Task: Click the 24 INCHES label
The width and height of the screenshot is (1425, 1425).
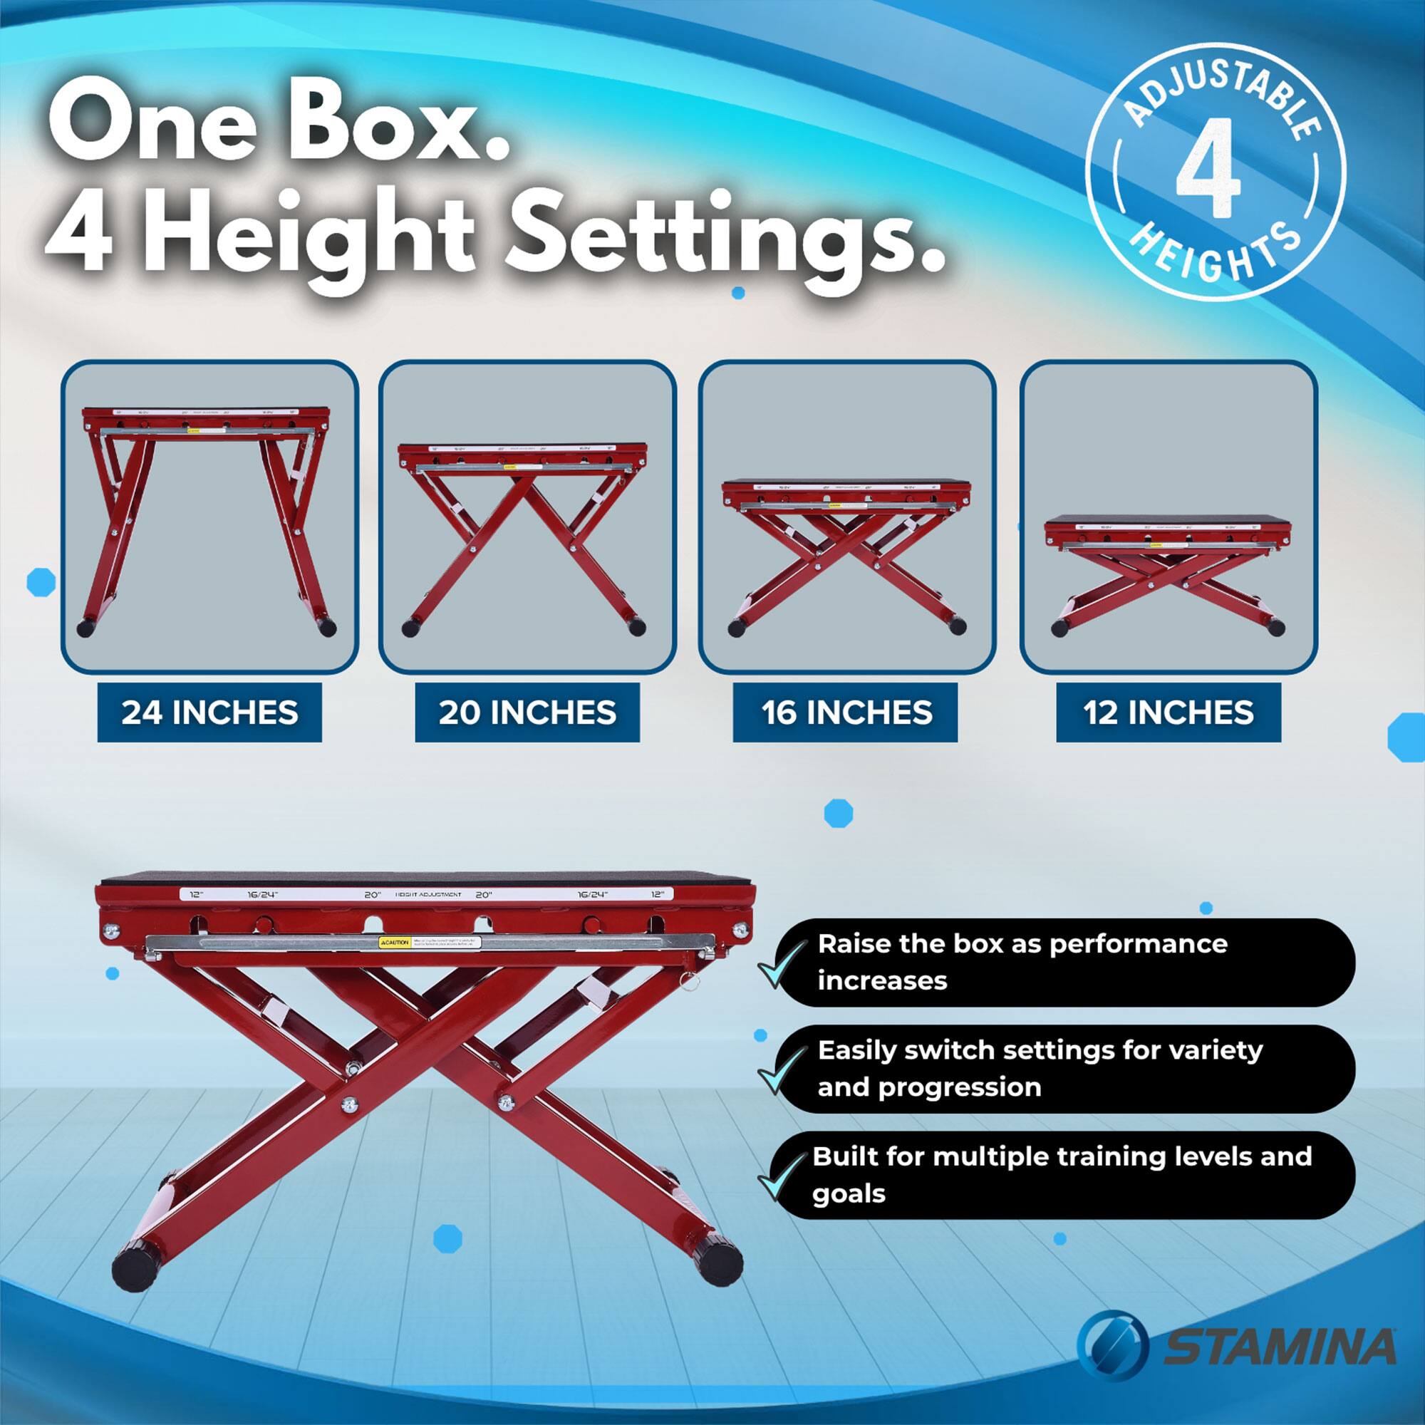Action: click(209, 712)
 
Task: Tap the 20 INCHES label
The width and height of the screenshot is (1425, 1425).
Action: click(527, 712)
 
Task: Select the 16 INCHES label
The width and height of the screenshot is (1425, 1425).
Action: click(845, 712)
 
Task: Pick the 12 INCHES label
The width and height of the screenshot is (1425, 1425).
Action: click(1168, 712)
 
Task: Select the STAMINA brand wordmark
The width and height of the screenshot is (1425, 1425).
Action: click(1280, 1346)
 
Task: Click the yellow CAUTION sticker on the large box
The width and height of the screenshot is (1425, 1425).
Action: click(395, 943)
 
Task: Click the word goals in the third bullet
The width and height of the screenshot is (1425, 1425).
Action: click(848, 1193)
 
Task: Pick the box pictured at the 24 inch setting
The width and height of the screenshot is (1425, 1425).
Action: click(208, 517)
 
